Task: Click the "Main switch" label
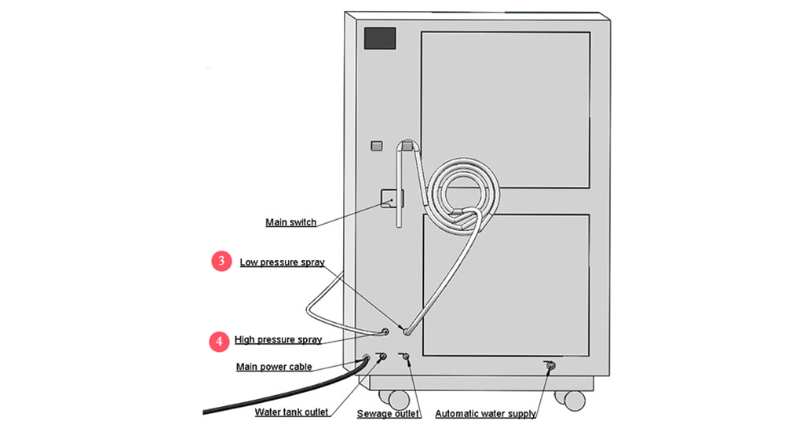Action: (290, 222)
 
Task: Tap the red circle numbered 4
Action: (217, 341)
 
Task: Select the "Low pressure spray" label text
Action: (282, 262)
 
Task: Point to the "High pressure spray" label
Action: (278, 340)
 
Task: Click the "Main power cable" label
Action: (274, 367)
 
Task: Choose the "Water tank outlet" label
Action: (290, 412)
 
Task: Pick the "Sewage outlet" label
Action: (388, 413)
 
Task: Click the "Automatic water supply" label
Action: (485, 413)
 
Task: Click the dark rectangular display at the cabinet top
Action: (380, 38)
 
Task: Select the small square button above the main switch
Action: (377, 145)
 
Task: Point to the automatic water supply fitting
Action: (549, 364)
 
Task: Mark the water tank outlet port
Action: (383, 357)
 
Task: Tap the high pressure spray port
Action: (385, 332)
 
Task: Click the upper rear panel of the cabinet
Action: (506, 110)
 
